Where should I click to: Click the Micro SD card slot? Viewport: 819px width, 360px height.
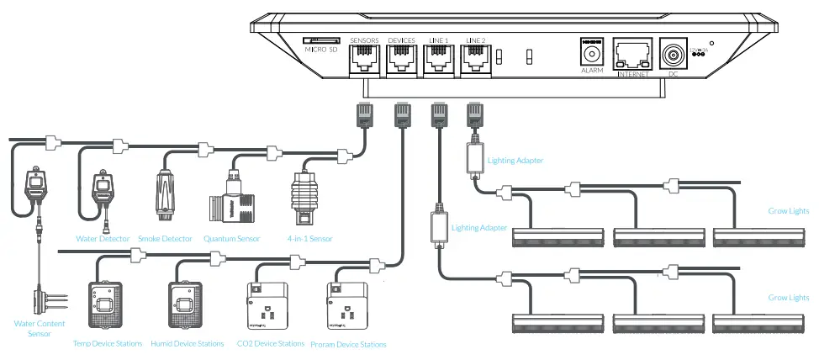point(320,40)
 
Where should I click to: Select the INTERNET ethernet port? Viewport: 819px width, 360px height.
point(633,55)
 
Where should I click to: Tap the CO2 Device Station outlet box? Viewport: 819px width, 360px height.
point(265,307)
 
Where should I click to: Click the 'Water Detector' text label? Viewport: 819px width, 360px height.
point(103,239)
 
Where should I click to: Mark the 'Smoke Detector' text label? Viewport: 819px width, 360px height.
point(164,239)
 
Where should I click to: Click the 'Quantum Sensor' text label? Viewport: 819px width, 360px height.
point(232,239)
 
